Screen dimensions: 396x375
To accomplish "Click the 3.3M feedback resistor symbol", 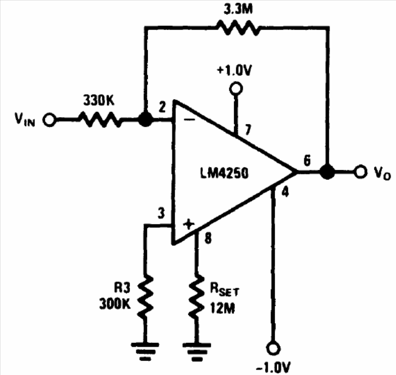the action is [x=238, y=27].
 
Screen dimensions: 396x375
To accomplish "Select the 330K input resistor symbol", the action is [x=100, y=119].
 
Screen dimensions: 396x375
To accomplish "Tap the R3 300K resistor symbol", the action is [x=145, y=297].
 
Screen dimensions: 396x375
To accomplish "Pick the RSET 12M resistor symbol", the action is [x=196, y=297].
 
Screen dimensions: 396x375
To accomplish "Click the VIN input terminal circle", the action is [x=49, y=119].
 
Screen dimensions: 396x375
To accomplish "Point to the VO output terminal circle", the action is [x=361, y=172].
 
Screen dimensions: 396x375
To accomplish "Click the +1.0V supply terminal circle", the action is [x=236, y=89].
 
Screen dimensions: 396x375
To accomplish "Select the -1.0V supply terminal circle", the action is [x=273, y=348].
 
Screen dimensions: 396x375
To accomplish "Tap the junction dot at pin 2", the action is [x=146, y=119].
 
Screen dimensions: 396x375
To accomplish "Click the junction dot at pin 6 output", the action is [x=327, y=172].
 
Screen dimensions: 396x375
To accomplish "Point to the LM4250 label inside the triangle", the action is [x=225, y=173].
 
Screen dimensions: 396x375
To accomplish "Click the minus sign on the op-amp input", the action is [x=189, y=119].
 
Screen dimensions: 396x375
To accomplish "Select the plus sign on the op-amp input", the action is [x=189, y=224].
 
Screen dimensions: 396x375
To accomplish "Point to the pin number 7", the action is [x=248, y=130].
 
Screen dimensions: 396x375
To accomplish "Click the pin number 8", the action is [x=208, y=238].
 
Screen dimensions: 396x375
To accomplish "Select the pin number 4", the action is [x=285, y=192].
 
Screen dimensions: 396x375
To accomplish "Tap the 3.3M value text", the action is [x=238, y=9].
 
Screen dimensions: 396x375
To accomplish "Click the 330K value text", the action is [x=99, y=100].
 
